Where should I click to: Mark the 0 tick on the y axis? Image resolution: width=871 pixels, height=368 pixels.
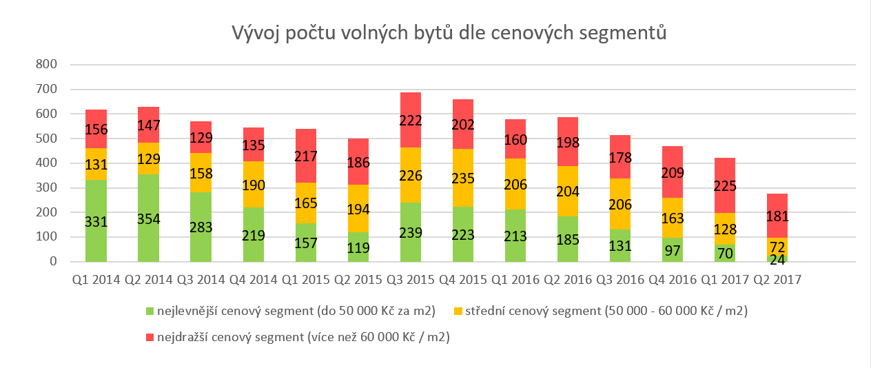click(52, 262)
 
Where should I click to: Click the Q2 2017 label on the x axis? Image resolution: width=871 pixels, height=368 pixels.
click(777, 280)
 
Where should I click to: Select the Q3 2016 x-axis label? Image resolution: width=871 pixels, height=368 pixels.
click(620, 280)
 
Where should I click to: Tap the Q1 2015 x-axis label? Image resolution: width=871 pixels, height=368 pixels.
click(306, 280)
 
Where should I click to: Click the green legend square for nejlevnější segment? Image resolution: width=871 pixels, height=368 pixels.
click(151, 311)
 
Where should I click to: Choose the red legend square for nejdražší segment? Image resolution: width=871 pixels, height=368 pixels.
click(151, 338)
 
